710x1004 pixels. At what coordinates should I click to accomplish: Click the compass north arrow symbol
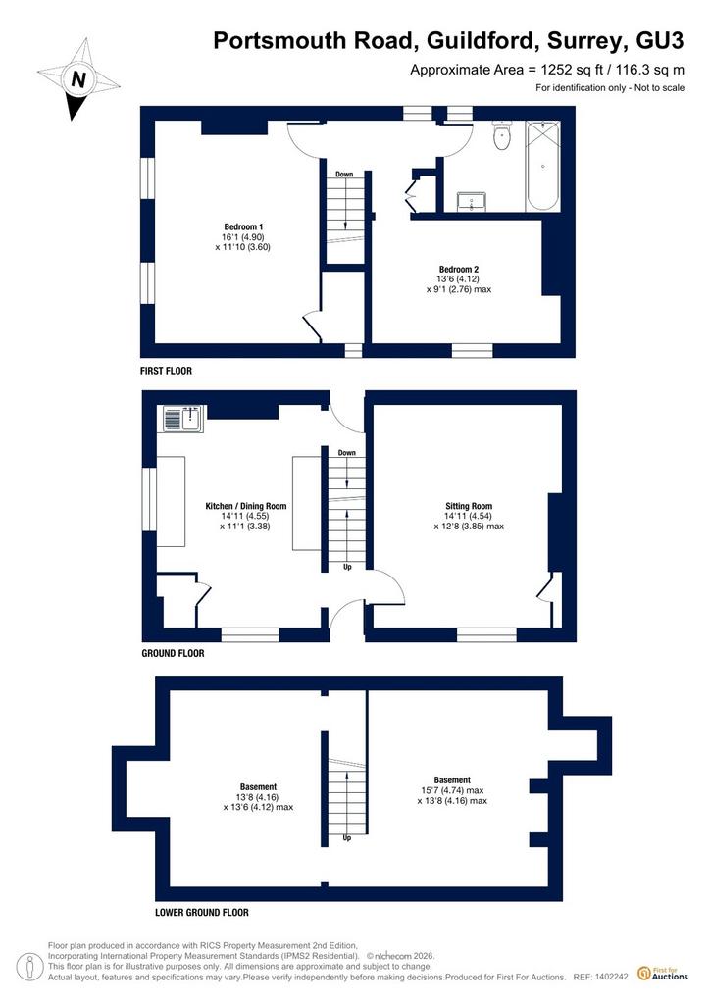(x=78, y=79)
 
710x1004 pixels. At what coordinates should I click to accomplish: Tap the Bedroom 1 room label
(x=243, y=226)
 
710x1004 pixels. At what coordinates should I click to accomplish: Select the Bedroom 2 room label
(x=458, y=269)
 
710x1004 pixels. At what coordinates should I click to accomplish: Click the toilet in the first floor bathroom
(x=501, y=136)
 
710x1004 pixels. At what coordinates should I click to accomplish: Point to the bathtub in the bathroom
(x=542, y=166)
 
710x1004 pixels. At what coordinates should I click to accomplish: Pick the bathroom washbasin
(x=471, y=201)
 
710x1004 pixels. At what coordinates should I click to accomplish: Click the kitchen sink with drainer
(x=183, y=419)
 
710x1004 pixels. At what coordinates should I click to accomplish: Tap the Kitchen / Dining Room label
(x=246, y=506)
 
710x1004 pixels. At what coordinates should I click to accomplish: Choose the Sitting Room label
(x=469, y=506)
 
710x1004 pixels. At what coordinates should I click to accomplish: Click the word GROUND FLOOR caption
(x=173, y=653)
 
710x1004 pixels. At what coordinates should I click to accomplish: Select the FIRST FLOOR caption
(x=167, y=370)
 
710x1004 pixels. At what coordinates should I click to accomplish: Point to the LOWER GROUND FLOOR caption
(x=202, y=912)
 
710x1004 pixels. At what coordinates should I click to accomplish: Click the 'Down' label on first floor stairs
(x=344, y=175)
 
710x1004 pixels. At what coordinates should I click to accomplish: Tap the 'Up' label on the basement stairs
(x=347, y=837)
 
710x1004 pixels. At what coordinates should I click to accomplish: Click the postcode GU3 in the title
(x=659, y=40)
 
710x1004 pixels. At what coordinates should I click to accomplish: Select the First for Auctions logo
(x=663, y=974)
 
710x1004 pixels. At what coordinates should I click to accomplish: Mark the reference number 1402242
(x=611, y=978)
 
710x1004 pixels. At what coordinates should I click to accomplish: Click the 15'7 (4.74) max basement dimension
(x=452, y=790)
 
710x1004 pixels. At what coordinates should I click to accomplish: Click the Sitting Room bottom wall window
(x=486, y=634)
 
